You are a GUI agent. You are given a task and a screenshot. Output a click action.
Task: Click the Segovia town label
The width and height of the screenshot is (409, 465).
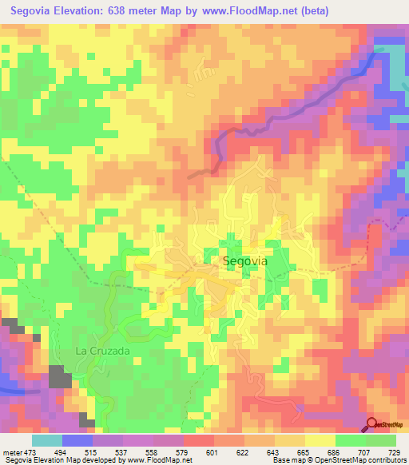pos(245,261)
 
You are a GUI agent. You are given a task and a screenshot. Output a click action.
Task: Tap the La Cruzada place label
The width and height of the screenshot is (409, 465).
pos(102,350)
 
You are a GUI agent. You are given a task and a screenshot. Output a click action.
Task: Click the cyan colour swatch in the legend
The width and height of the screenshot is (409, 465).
pos(46,440)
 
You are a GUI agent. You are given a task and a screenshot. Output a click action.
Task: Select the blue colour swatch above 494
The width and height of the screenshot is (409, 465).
pos(77,440)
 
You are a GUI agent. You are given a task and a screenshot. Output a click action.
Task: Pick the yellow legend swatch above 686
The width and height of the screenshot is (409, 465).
pos(319,440)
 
